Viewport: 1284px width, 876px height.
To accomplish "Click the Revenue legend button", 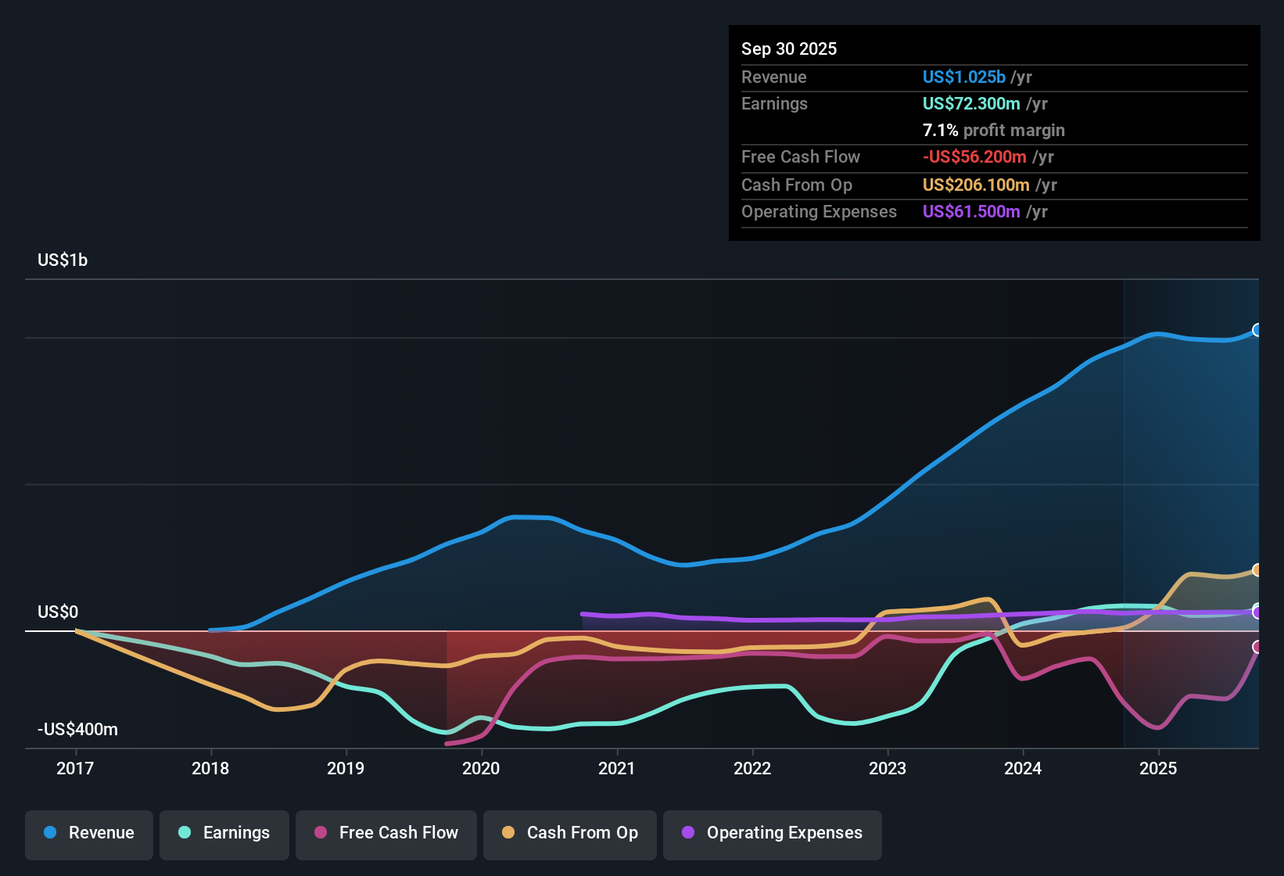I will click(x=89, y=833).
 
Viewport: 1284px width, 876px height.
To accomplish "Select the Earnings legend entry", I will click(x=224, y=833).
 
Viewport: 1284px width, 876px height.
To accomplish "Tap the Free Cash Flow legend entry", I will click(x=386, y=833).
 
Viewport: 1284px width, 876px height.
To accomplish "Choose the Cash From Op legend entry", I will click(x=570, y=833).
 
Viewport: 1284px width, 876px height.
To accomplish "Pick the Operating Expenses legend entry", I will click(x=773, y=833).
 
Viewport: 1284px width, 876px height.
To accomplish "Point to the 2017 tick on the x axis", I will click(x=75, y=768).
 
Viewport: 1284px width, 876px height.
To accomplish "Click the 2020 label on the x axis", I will click(x=481, y=768).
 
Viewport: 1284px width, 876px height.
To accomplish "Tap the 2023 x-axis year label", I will click(x=888, y=768).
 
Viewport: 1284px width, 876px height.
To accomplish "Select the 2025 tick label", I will click(x=1158, y=768).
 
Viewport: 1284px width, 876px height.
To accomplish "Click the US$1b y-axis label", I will click(x=63, y=260).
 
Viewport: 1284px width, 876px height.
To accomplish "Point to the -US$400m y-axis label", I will click(x=77, y=730).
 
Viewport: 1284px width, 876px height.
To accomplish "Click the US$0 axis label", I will click(x=58, y=612).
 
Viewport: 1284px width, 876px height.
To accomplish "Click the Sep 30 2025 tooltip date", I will click(x=789, y=48).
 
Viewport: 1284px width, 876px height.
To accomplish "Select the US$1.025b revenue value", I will click(x=963, y=77).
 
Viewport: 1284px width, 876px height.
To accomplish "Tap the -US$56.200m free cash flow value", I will click(x=974, y=157).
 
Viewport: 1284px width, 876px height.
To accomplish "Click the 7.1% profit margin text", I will click(x=993, y=131).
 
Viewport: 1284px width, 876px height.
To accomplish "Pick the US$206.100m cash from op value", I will click(x=976, y=185).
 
